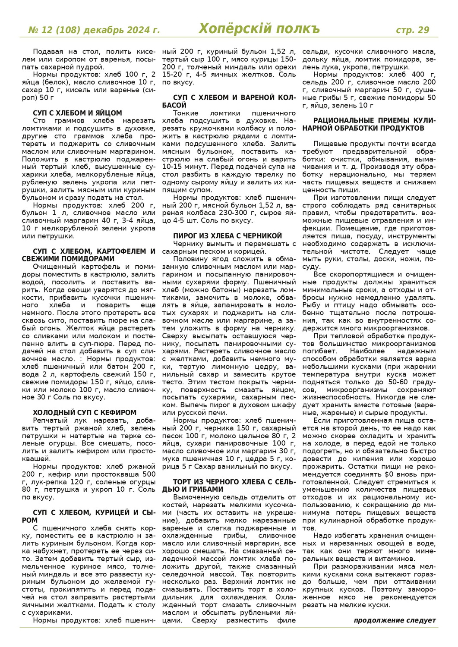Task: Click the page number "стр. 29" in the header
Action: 412,30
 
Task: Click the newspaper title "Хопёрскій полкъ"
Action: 259,29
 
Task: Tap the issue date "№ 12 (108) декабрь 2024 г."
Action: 94,30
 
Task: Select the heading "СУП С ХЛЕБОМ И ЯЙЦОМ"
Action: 77,113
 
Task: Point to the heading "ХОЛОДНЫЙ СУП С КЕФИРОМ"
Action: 85,412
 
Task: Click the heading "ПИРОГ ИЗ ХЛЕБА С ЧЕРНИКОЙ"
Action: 227,236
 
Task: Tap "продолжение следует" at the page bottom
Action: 395,620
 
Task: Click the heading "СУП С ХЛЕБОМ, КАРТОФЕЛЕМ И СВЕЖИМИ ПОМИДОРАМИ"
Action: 88,255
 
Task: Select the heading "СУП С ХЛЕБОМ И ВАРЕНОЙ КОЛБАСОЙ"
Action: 228,101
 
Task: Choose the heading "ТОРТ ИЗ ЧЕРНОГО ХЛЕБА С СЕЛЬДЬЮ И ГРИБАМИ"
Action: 228,485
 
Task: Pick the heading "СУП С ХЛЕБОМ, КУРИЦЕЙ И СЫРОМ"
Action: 88,516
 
